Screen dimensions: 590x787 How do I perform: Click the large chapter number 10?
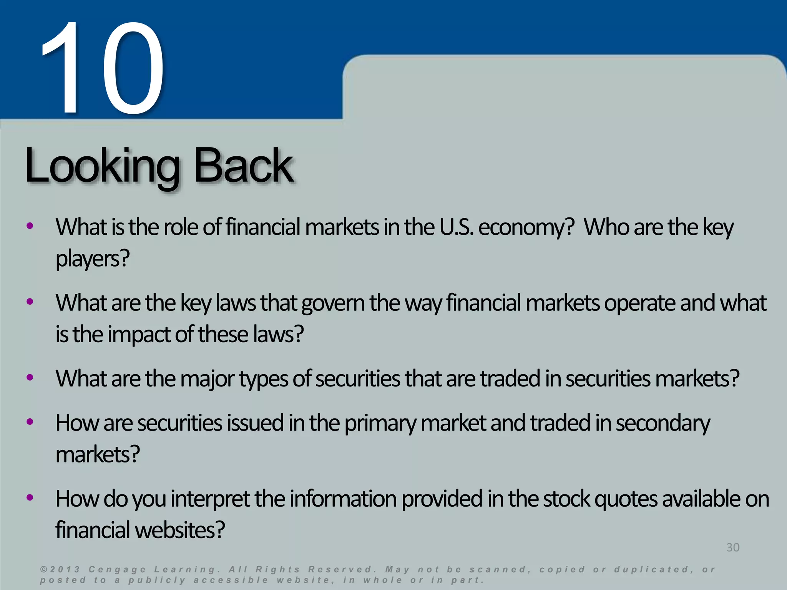(x=102, y=69)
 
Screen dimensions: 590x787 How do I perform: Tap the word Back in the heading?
(x=243, y=166)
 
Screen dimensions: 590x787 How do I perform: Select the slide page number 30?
(x=732, y=547)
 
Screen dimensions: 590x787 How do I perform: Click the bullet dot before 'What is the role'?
(x=30, y=226)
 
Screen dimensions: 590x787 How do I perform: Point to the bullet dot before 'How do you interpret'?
(x=30, y=498)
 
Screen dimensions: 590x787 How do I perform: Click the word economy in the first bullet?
(x=526, y=227)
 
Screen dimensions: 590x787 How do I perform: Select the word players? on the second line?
(x=93, y=259)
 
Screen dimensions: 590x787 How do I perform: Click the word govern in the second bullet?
(x=333, y=303)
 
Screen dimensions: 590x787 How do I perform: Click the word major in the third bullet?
(x=207, y=379)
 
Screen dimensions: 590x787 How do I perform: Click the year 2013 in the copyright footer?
(x=65, y=570)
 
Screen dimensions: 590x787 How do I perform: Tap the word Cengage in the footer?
(x=117, y=570)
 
